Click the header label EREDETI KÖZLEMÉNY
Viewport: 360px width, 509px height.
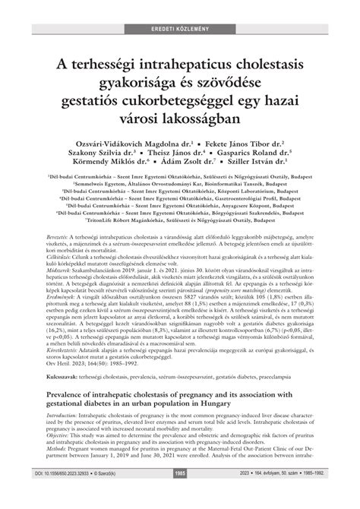coord(180,8)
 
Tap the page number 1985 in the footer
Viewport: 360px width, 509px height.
coord(180,495)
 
